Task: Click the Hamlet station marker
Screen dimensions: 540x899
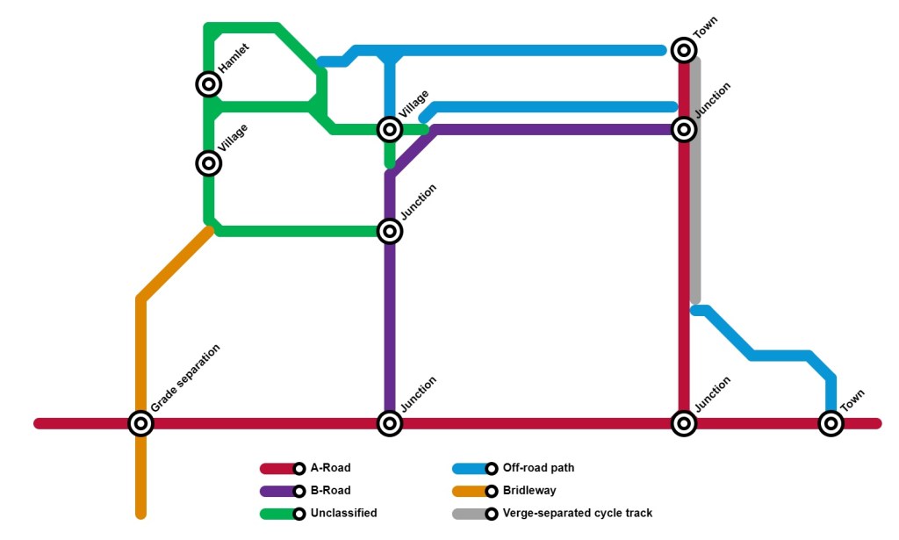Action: [x=208, y=84]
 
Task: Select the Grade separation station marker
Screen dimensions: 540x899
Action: [x=140, y=423]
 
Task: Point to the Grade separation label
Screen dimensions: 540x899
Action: [x=184, y=378]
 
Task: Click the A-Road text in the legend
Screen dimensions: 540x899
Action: [x=330, y=468]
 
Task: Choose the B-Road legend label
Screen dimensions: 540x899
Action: [x=330, y=491]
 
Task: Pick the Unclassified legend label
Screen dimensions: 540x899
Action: [x=343, y=513]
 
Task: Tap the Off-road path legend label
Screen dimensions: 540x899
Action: [x=538, y=468]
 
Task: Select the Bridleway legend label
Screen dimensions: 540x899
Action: [x=529, y=491]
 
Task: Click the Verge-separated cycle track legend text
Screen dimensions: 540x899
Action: [x=577, y=513]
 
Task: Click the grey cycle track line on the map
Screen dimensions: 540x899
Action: [x=694, y=220]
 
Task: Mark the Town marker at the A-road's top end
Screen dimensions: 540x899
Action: [x=684, y=50]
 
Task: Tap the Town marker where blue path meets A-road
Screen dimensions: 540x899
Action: [x=831, y=423]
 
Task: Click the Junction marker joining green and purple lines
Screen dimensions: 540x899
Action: [x=390, y=232]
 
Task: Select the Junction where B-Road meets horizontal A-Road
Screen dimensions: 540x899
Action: [x=390, y=423]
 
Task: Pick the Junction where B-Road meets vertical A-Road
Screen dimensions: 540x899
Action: [x=684, y=130]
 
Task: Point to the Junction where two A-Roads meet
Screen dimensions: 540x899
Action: [x=684, y=423]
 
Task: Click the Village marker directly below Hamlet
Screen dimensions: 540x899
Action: [x=208, y=163]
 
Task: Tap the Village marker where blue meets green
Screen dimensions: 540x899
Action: [x=390, y=130]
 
